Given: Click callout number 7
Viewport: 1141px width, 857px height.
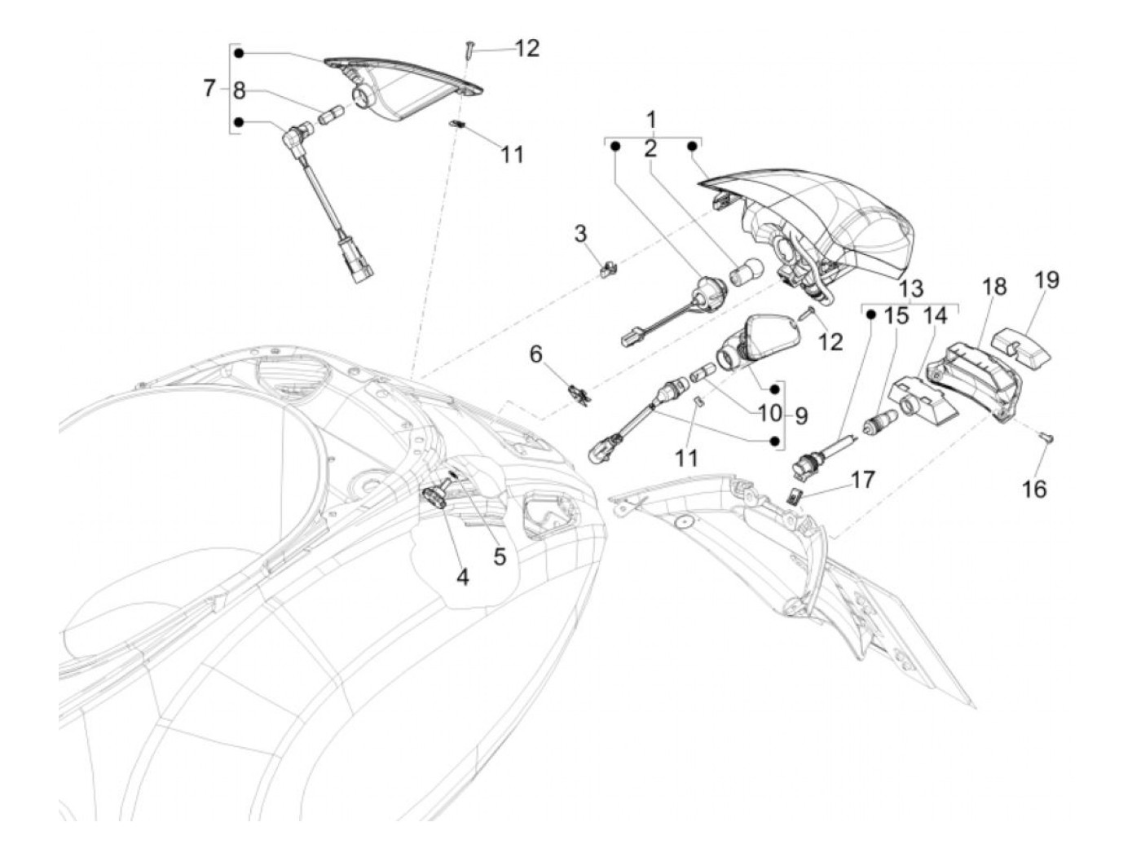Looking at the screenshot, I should (x=209, y=89).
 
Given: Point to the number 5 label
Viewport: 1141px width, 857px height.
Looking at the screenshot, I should (x=499, y=556).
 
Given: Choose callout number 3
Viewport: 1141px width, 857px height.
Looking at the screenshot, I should (x=580, y=234).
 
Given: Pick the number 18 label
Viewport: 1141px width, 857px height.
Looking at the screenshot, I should (x=994, y=287).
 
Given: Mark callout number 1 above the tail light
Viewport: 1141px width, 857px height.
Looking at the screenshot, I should (x=652, y=121).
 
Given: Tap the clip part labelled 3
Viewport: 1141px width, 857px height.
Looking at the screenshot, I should (x=606, y=267).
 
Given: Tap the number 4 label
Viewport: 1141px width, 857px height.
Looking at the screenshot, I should (x=462, y=578).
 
